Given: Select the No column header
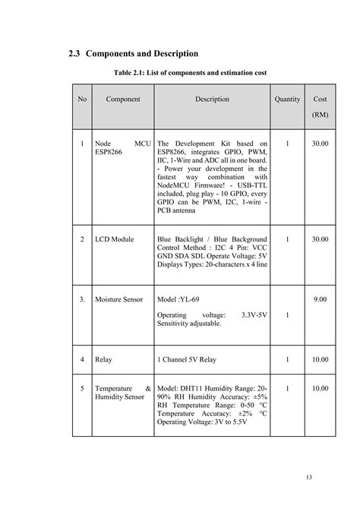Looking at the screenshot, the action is coord(82,100).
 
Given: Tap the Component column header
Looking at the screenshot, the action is coord(122,100).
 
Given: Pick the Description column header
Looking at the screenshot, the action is coord(212,100).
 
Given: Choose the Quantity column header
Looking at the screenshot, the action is coord(287,100).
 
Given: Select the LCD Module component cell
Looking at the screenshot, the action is coord(115,239).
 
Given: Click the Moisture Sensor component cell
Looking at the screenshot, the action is coord(119,299).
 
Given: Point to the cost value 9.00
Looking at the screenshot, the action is coord(321,299).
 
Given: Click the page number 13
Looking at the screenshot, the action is coord(309,476).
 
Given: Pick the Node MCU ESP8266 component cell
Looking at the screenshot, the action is coord(122,147).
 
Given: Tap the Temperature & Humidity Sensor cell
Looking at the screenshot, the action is coord(122,393).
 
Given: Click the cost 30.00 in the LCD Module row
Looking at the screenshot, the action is coord(321,239).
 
